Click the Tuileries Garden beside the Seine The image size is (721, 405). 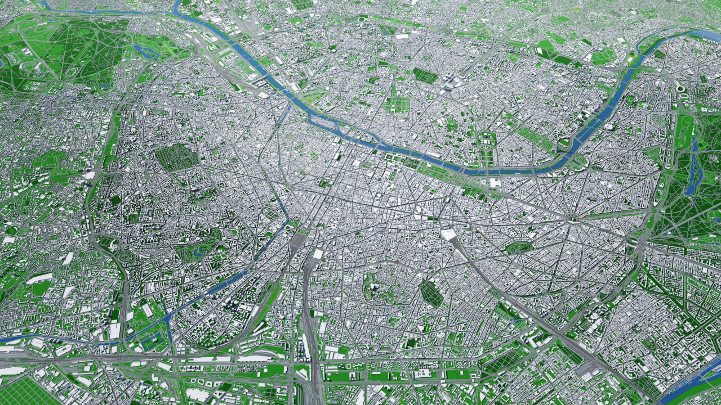(x=428, y=164)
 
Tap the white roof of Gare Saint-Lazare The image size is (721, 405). (x=448, y=233)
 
